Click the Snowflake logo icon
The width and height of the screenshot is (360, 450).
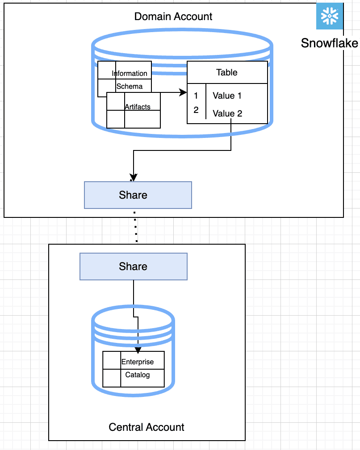click(x=330, y=17)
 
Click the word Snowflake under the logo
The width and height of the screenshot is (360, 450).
click(x=329, y=43)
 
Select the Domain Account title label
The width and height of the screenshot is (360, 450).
click(x=173, y=17)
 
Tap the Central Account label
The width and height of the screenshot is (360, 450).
click(x=147, y=427)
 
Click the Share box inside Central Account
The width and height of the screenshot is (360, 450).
click(x=133, y=267)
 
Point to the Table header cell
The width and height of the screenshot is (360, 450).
click(x=227, y=72)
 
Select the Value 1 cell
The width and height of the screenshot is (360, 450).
click(x=227, y=96)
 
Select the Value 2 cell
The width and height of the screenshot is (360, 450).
click(x=227, y=113)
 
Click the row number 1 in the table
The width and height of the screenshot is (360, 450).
click(x=196, y=96)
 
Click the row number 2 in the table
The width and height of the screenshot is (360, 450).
click(x=196, y=110)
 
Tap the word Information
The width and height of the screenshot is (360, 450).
click(x=130, y=73)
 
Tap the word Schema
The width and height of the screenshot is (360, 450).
click(x=130, y=86)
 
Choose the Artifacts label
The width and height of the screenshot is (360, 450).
click(x=138, y=107)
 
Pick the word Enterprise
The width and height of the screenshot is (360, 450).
click(x=138, y=362)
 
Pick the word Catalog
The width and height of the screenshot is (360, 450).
click(x=138, y=375)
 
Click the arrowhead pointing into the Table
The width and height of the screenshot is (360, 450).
click(x=183, y=92)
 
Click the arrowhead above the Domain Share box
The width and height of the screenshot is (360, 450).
click(x=133, y=177)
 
